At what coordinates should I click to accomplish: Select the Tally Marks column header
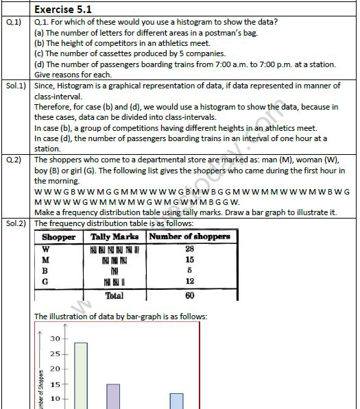pyautogui.click(x=115, y=236)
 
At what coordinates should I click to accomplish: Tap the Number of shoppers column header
pyautogui.click(x=189, y=236)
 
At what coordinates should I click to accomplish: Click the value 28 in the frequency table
pyautogui.click(x=189, y=248)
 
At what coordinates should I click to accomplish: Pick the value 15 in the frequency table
pyautogui.click(x=189, y=260)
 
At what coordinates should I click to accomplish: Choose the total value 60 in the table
pyautogui.click(x=189, y=295)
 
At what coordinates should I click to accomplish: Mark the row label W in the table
pyautogui.click(x=45, y=248)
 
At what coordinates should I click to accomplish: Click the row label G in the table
pyautogui.click(x=45, y=282)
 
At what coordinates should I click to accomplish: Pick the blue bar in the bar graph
pyautogui.click(x=176, y=401)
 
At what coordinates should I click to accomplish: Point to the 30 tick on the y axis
pyautogui.click(x=55, y=339)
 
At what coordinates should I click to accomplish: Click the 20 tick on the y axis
pyautogui.click(x=55, y=369)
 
